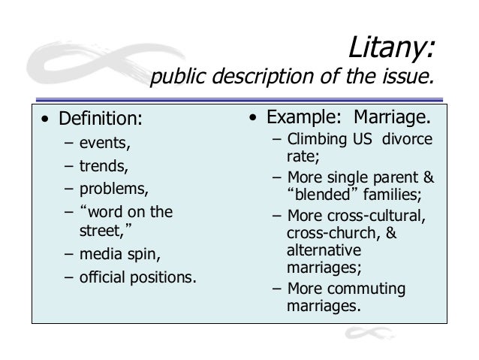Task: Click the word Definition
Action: click(x=100, y=120)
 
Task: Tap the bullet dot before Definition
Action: click(x=47, y=121)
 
